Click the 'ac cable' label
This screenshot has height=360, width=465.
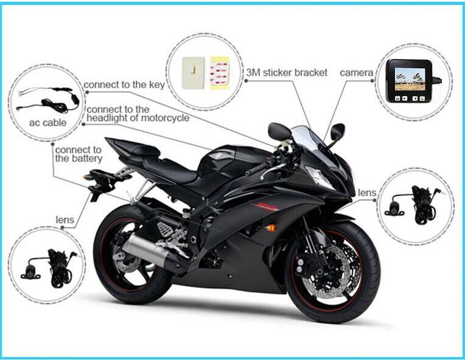[47, 122]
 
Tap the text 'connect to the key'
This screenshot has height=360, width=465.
[124, 85]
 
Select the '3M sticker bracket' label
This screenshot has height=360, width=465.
[287, 72]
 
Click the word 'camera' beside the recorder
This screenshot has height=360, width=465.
[357, 72]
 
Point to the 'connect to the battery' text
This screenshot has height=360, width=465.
[79, 154]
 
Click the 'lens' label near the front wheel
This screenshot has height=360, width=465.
[367, 193]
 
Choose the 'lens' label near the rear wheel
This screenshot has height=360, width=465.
[65, 220]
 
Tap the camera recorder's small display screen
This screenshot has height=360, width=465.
[410, 79]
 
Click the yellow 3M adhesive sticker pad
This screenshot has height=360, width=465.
[220, 73]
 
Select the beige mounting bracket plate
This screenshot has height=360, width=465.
[194, 72]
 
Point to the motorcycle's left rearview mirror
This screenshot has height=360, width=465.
[279, 131]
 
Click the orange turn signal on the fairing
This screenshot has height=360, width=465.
[270, 228]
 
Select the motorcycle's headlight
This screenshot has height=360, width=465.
[320, 177]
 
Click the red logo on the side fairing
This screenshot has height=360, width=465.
[266, 206]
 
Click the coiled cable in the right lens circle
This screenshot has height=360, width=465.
[424, 205]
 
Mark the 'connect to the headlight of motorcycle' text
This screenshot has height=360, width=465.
[138, 114]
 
